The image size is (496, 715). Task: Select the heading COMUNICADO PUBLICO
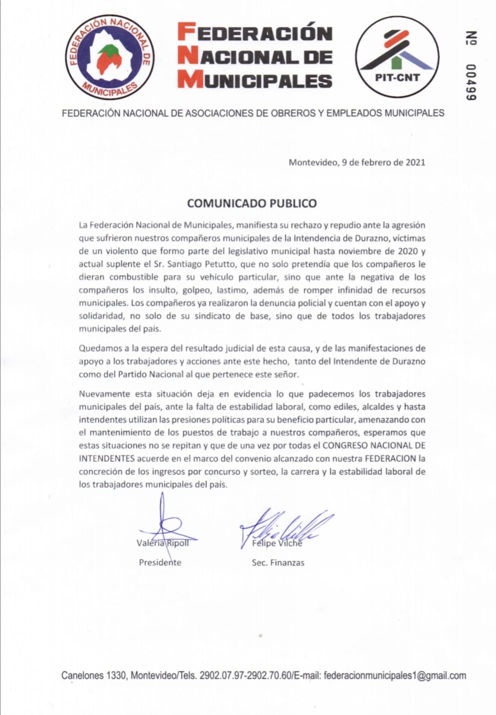[x=252, y=203]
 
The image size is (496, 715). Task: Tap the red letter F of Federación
[x=187, y=33]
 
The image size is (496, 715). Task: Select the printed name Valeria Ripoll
[x=163, y=543]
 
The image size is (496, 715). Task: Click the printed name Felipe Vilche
[x=277, y=543]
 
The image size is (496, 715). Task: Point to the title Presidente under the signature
[x=160, y=563]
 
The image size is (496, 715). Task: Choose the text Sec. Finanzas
[x=278, y=563]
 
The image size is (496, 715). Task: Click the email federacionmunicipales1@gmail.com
[x=395, y=676]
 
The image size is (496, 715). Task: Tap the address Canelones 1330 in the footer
[x=94, y=676]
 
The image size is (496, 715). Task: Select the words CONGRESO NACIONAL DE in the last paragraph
[x=374, y=445]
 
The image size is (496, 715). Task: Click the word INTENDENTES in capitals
[x=107, y=458]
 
